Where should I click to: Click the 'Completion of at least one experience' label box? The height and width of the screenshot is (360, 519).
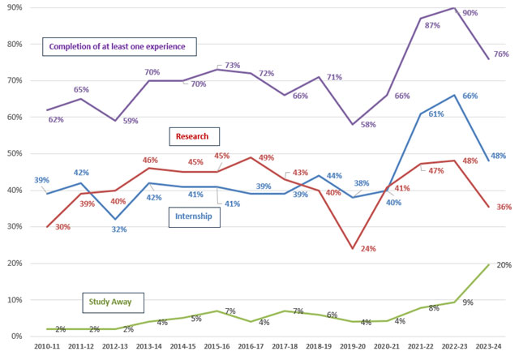point(118,46)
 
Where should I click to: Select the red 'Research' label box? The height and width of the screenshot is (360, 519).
point(194,135)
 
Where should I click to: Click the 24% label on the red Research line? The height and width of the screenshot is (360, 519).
point(367,248)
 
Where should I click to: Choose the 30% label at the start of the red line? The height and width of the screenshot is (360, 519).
point(40,227)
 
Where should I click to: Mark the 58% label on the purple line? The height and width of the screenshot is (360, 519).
point(368,125)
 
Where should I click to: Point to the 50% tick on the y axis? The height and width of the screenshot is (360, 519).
point(14,153)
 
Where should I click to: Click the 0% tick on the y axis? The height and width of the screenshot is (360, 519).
point(16,336)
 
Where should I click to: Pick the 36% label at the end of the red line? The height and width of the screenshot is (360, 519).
point(503,208)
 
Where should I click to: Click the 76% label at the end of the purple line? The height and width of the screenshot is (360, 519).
point(503,54)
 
